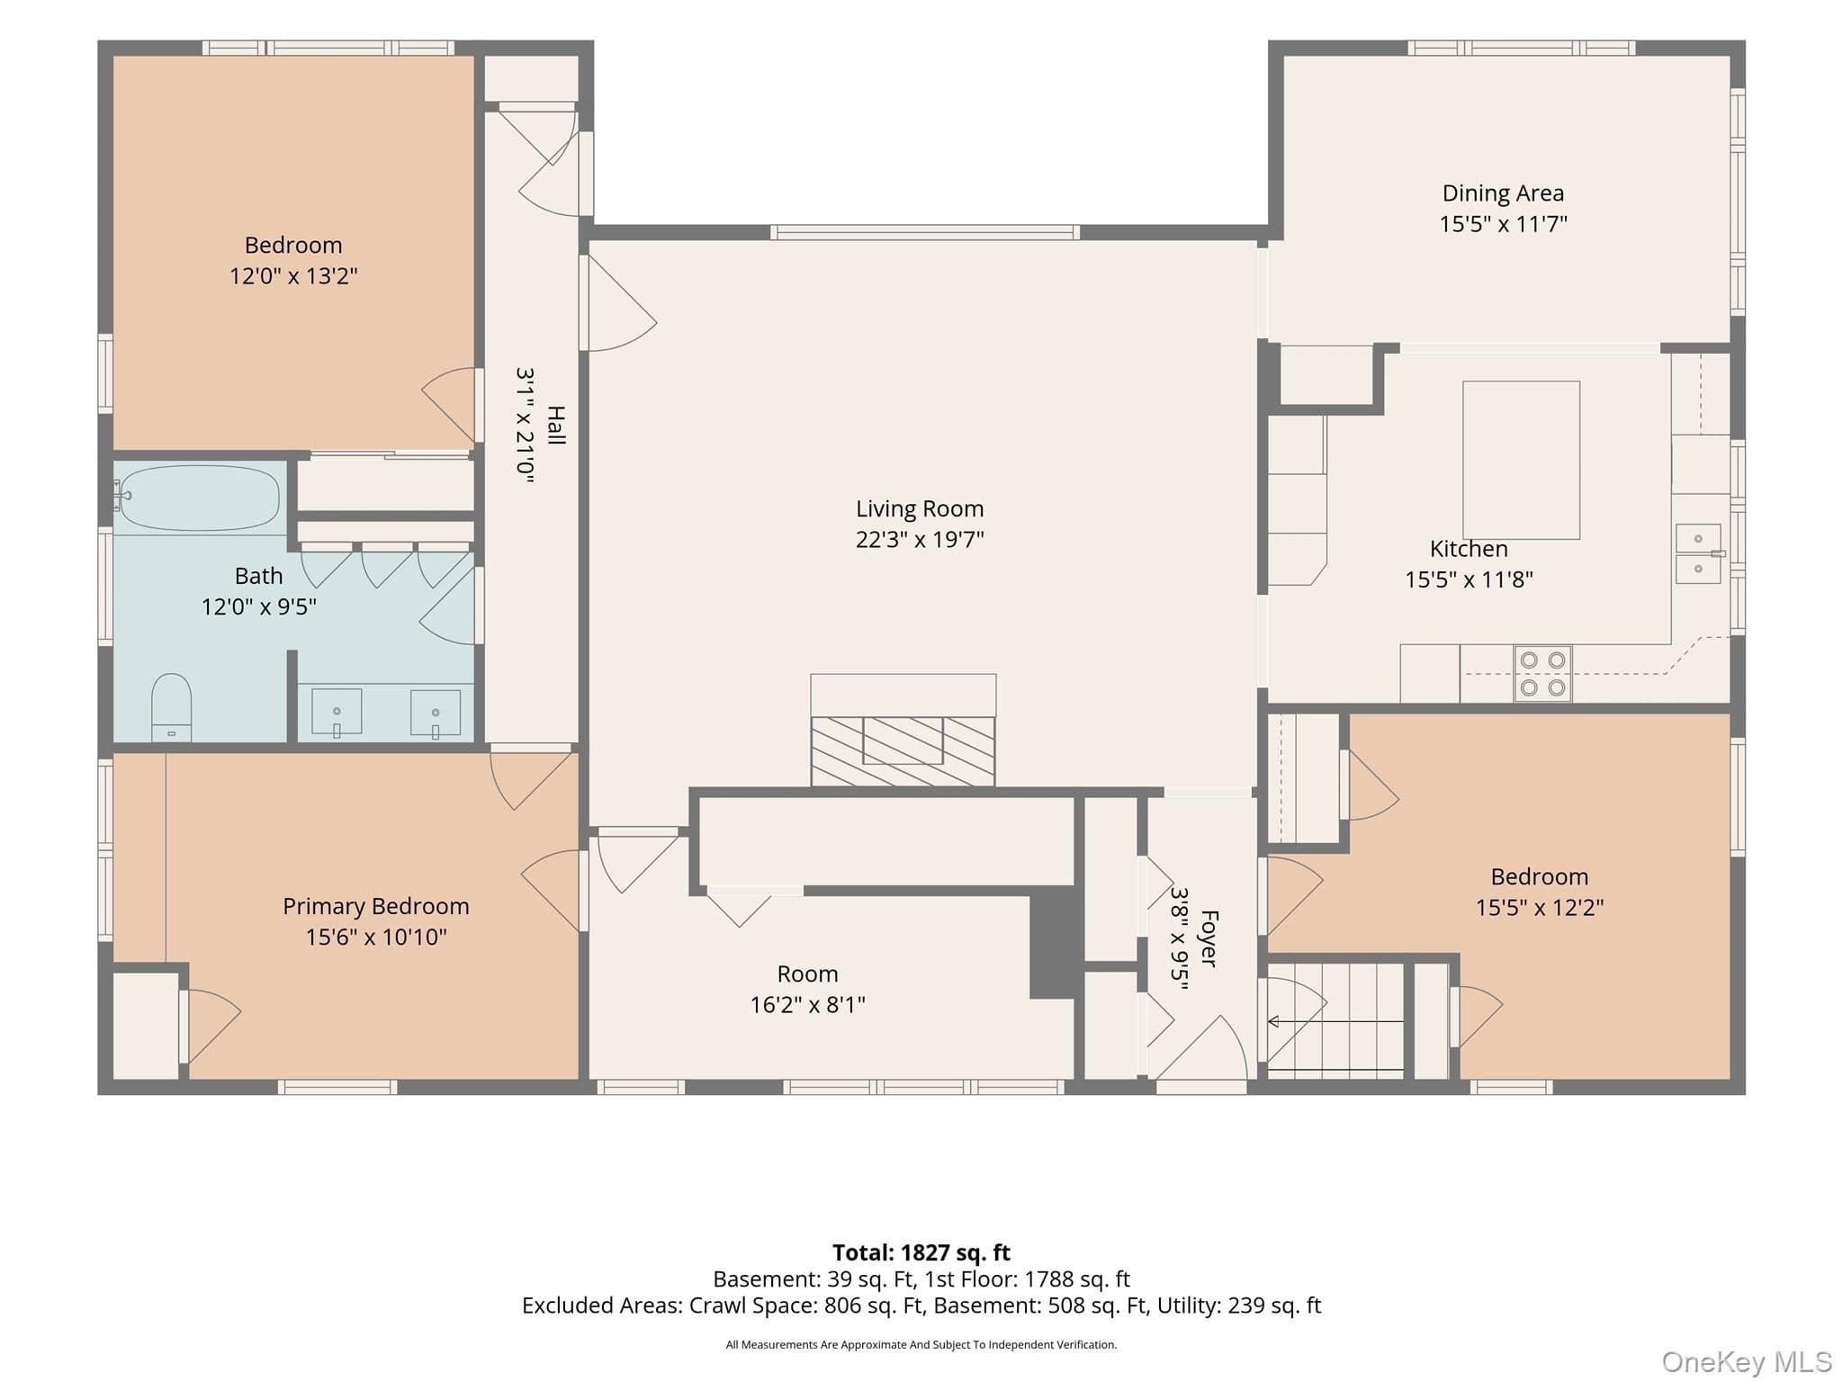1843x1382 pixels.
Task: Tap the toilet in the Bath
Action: [x=171, y=707]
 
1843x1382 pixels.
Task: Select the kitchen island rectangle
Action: [x=1521, y=460]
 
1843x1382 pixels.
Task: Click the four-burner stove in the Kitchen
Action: [x=1542, y=674]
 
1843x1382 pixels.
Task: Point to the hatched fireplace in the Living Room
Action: [x=903, y=750]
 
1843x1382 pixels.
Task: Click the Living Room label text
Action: [x=920, y=508]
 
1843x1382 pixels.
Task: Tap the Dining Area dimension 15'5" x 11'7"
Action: [x=1503, y=224]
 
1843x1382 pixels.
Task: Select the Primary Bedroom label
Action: [x=376, y=906]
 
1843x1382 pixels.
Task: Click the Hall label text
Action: [x=556, y=426]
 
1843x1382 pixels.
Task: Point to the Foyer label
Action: [x=1209, y=938]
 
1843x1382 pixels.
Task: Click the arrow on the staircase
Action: [x=1335, y=1021]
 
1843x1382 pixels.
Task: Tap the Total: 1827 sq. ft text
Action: [x=921, y=1252]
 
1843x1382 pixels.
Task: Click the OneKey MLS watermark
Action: [x=1747, y=1362]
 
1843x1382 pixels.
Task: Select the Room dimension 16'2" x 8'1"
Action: [x=808, y=1004]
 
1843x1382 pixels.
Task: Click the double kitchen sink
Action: [x=1698, y=553]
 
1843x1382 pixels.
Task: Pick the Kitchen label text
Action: [x=1469, y=549]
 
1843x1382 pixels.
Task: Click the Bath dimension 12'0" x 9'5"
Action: [x=259, y=606]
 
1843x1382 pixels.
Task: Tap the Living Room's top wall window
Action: [x=925, y=232]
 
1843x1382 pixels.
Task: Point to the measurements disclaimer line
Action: [x=921, y=1344]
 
